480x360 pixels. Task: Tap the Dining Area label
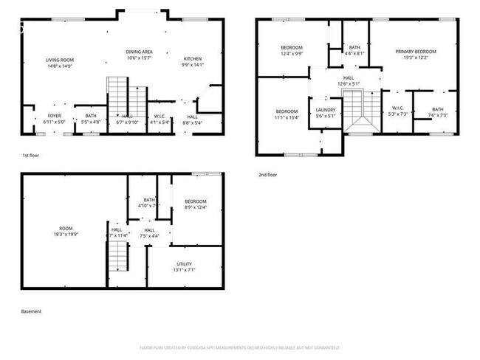pyautogui.click(x=138, y=55)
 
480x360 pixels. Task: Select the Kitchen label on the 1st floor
pyautogui.click(x=192, y=62)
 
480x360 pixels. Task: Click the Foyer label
pyautogui.click(x=55, y=118)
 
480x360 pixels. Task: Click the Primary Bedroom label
pyautogui.click(x=415, y=54)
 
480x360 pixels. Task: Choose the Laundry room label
pyautogui.click(x=326, y=113)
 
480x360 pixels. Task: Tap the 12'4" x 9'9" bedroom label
pyautogui.click(x=291, y=50)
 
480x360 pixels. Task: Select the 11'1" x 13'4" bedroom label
pyautogui.click(x=287, y=114)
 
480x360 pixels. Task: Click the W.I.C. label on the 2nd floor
pyautogui.click(x=397, y=111)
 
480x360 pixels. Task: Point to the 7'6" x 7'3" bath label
pyautogui.click(x=439, y=112)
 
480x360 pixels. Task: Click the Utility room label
pyautogui.click(x=184, y=266)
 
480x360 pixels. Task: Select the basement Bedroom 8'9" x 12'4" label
pyautogui.click(x=195, y=204)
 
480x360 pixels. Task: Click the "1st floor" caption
pyautogui.click(x=30, y=156)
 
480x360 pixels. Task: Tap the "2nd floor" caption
pyautogui.click(x=267, y=175)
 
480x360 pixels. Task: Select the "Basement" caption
pyautogui.click(x=31, y=311)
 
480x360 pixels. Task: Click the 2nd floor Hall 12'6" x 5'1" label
pyautogui.click(x=349, y=80)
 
